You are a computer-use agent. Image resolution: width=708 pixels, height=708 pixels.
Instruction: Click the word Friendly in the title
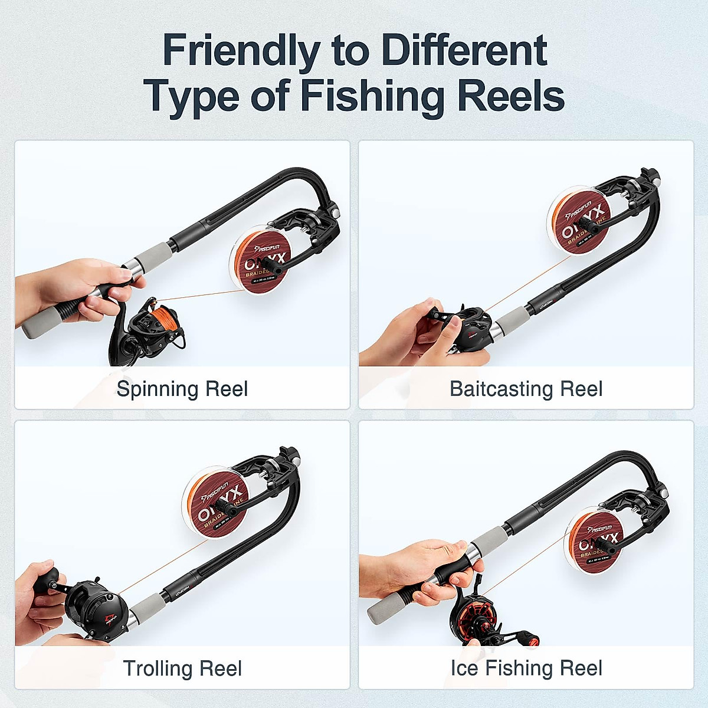(x=241, y=51)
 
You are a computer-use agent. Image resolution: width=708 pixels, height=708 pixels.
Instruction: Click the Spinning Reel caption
(x=182, y=389)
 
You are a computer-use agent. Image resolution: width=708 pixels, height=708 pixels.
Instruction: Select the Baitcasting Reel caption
(x=526, y=389)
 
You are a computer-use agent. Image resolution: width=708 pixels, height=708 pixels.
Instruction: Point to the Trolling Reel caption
(x=182, y=668)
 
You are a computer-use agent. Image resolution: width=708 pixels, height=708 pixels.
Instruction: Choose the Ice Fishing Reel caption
(x=526, y=668)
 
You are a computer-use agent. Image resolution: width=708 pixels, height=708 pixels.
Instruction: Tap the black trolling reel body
(x=97, y=611)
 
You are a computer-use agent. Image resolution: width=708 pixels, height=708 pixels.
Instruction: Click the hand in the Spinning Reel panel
(x=83, y=289)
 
